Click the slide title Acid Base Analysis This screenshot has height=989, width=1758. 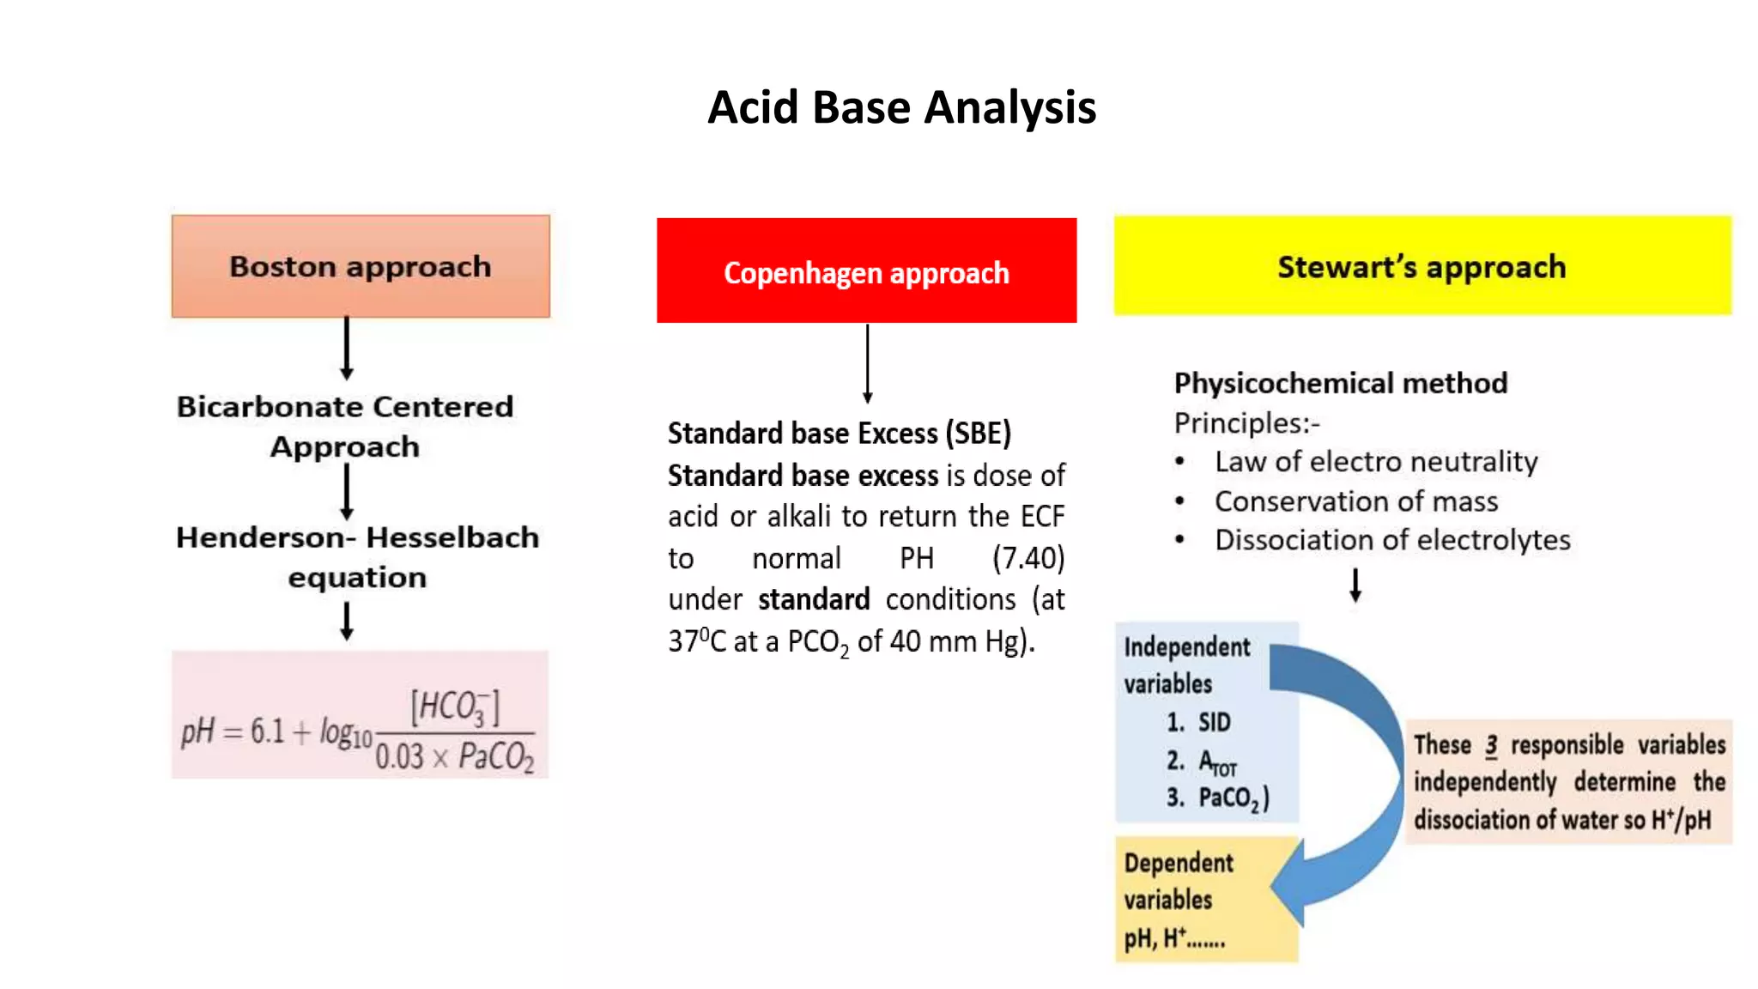click(x=901, y=108)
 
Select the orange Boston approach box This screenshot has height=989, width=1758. click(x=361, y=266)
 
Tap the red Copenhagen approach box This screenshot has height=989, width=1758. click(x=866, y=271)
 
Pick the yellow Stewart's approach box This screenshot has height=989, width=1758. click(x=1422, y=266)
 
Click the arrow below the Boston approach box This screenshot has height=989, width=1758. click(x=347, y=349)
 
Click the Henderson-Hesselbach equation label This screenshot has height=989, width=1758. click(x=357, y=556)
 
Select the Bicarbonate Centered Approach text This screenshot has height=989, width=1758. click(x=345, y=426)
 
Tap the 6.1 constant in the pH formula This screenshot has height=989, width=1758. click(x=267, y=731)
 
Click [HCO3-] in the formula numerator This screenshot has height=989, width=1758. click(x=455, y=707)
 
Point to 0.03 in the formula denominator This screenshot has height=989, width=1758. click(x=399, y=757)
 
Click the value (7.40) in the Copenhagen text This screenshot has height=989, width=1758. click(x=1028, y=559)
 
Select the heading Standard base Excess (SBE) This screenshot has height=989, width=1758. click(x=840, y=434)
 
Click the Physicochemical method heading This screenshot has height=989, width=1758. click(x=1340, y=383)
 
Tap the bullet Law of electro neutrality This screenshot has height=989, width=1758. click(x=1375, y=462)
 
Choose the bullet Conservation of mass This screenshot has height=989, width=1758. click(x=1355, y=501)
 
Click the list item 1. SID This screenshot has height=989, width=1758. click(x=1198, y=723)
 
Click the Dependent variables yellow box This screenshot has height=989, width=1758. click(x=1205, y=900)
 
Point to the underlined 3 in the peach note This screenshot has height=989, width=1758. click(x=1491, y=745)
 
